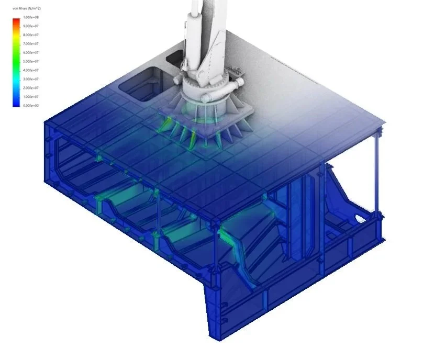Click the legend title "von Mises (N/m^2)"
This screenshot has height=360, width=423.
pos(23,9)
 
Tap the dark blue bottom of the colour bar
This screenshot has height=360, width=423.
pos(16,104)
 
